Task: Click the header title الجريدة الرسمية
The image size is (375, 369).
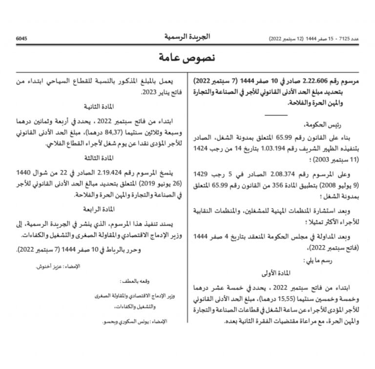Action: [187, 37]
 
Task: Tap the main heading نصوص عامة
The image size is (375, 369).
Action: [187, 58]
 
